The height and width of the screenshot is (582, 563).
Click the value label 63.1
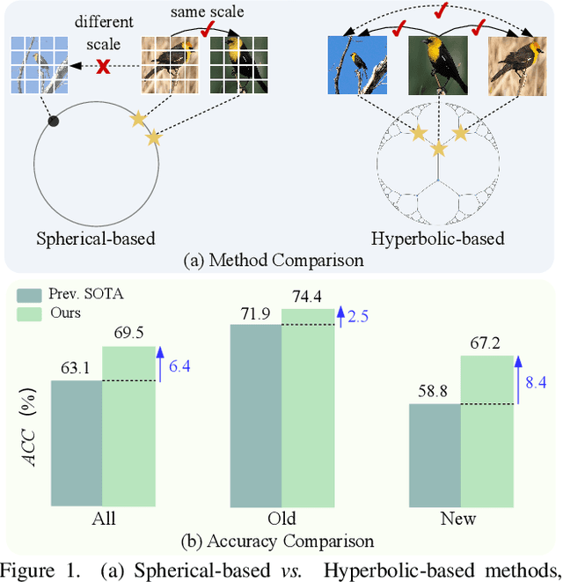point(76,367)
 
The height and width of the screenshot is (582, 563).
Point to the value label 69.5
point(128,333)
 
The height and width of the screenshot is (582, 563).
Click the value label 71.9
point(254,312)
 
